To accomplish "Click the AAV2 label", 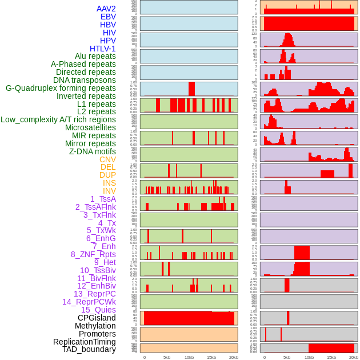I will coord(106,9).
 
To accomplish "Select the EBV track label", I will coord(108,17).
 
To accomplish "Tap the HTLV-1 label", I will coord(103,49).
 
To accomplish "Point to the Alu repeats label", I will coord(95,56).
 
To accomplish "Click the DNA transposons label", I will coord(85,80).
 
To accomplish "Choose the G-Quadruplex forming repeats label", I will coord(61,88).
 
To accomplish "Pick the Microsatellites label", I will coord(90,127).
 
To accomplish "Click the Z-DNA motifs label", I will coord(93,151).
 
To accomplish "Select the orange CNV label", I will coord(107,159).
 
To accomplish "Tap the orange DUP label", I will coord(107,175).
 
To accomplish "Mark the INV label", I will coord(109,191).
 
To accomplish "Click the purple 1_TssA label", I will coord(103,199).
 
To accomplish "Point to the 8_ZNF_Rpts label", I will coord(93,254).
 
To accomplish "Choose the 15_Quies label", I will coord(98,310).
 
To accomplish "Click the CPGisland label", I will coord(97,318).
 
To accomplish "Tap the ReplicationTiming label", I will coord(84,342).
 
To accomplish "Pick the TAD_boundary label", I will coord(89,349).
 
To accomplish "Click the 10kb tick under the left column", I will coord(189,357).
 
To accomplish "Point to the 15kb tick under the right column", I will coord(331,357).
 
